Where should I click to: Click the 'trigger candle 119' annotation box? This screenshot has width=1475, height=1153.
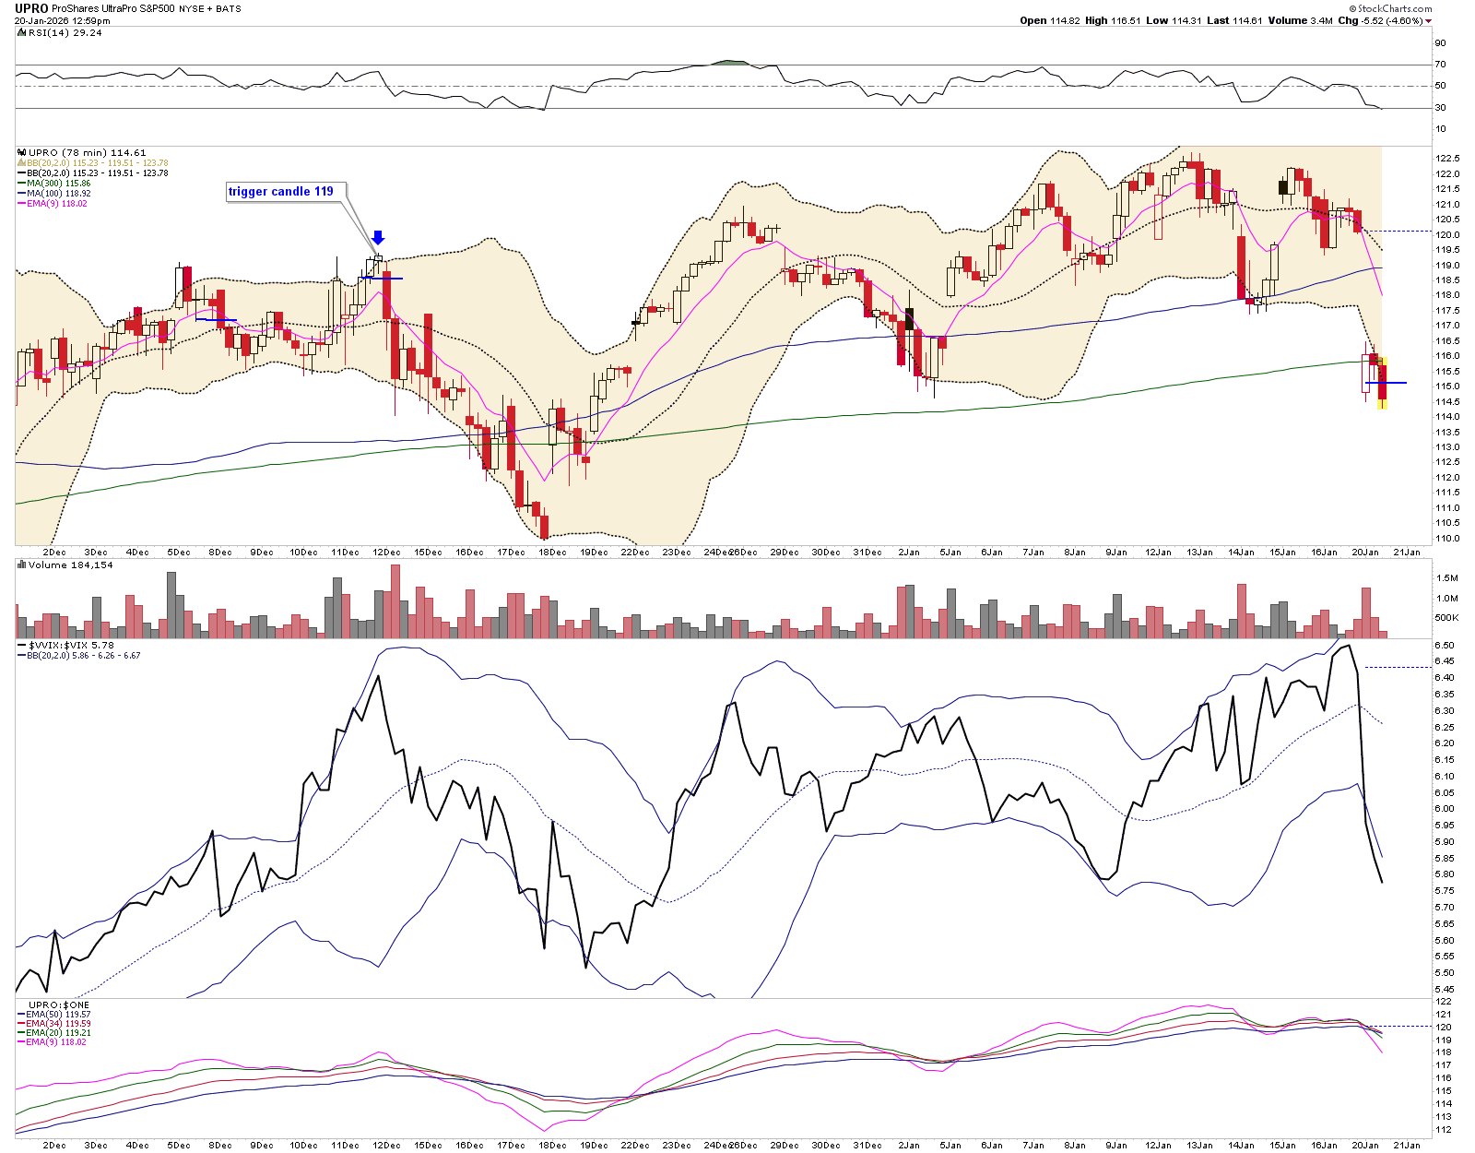click(281, 192)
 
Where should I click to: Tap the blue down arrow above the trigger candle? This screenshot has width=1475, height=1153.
click(378, 239)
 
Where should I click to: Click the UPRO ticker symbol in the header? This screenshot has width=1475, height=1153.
click(31, 8)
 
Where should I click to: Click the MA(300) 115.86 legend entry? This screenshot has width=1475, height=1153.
click(58, 184)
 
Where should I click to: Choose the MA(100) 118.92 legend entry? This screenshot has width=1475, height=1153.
click(58, 194)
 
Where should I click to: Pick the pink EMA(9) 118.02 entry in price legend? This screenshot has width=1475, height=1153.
click(57, 204)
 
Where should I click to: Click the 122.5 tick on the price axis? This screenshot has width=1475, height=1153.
click(1446, 159)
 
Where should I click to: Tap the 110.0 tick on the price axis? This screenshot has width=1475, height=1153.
click(1446, 539)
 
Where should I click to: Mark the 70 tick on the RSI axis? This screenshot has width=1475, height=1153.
click(1440, 65)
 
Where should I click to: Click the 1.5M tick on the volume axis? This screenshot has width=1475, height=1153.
click(1446, 578)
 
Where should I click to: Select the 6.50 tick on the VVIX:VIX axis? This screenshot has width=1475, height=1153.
click(1445, 646)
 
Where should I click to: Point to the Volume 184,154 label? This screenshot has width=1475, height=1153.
click(70, 565)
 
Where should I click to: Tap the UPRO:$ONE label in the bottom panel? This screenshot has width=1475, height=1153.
click(59, 1004)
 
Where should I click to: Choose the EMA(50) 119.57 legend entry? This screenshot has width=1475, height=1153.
click(58, 1015)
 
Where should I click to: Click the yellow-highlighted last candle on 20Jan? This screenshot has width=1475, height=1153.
click(1382, 383)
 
